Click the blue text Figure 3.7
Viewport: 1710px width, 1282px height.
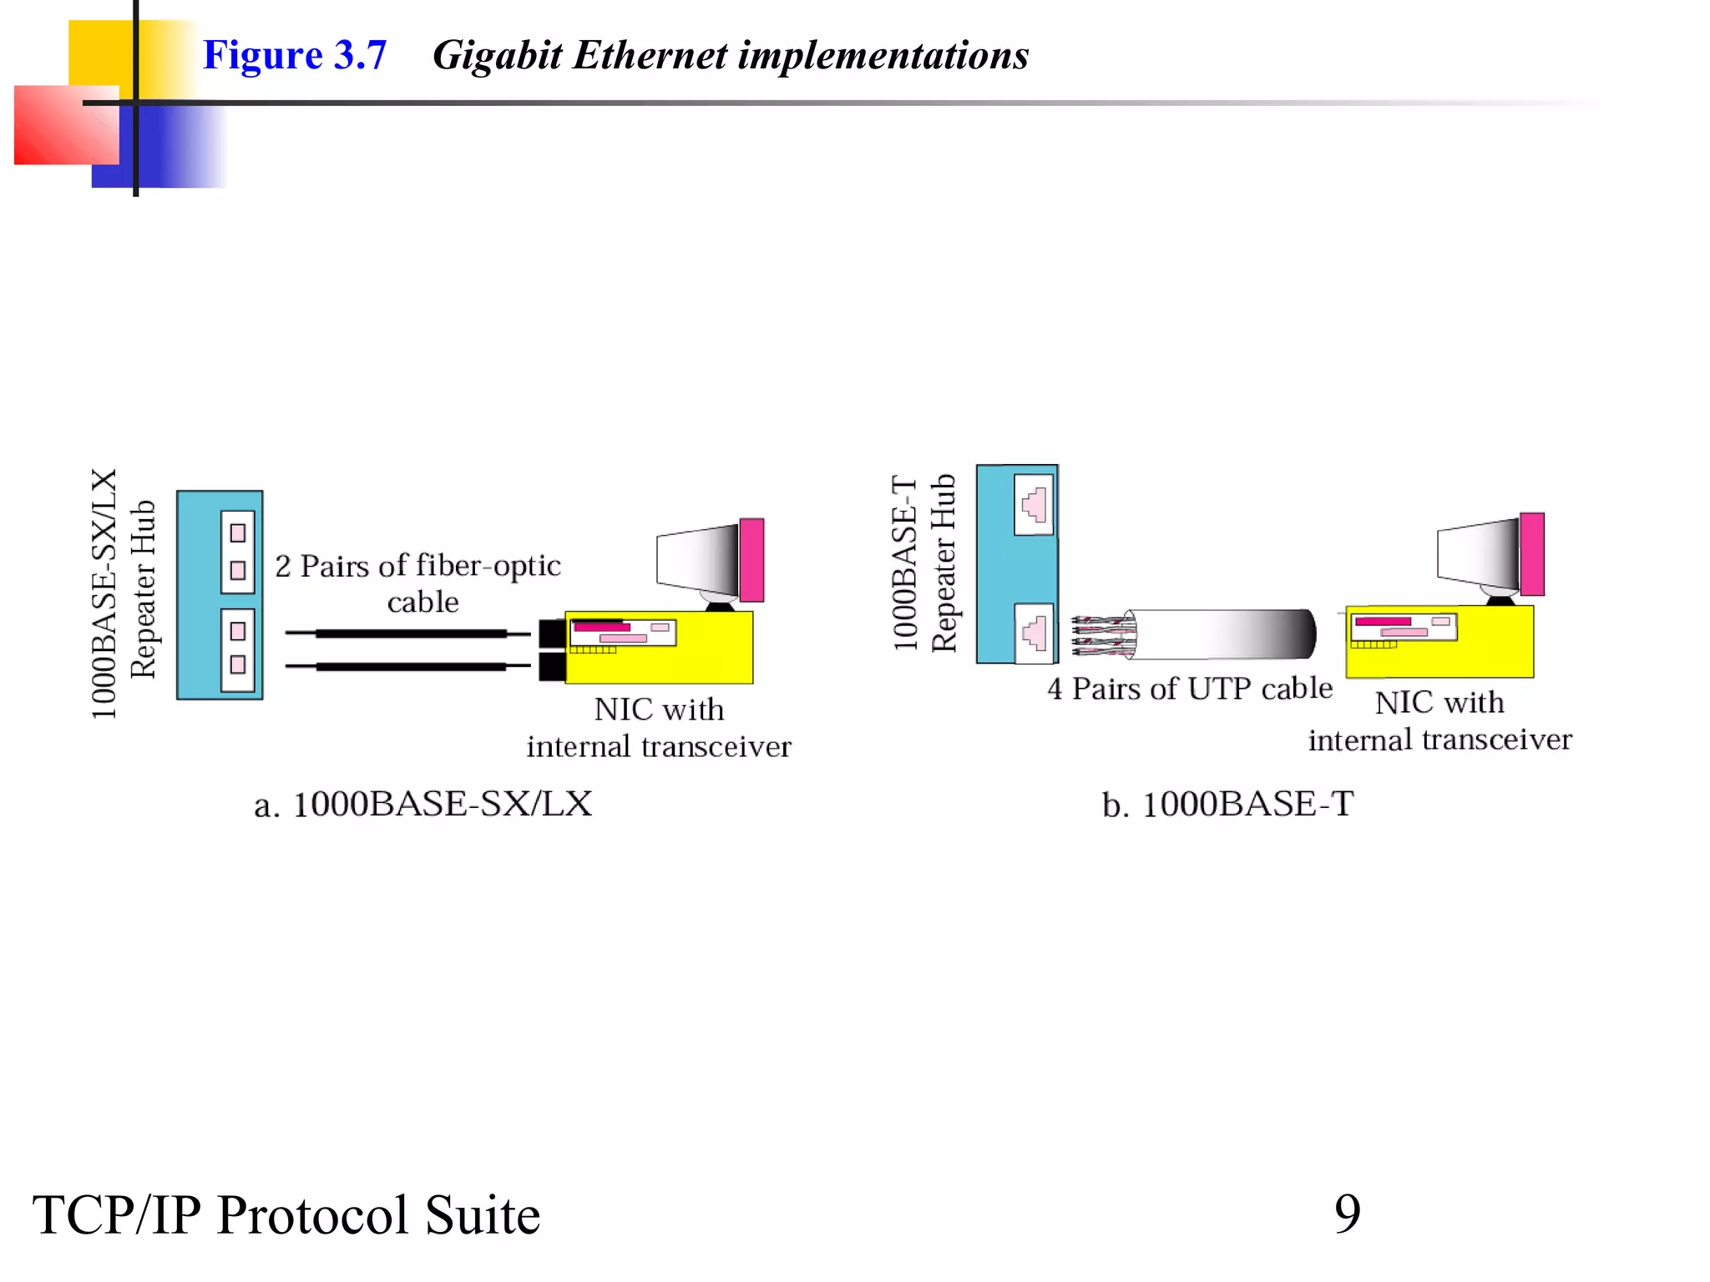pyautogui.click(x=294, y=56)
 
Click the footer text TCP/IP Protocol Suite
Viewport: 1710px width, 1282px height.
pyautogui.click(x=286, y=1214)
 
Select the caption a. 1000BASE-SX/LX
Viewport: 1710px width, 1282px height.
pyautogui.click(x=422, y=805)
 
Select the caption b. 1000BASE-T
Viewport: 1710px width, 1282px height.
pyautogui.click(x=1227, y=805)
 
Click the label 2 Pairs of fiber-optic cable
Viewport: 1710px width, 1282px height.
pyautogui.click(x=419, y=583)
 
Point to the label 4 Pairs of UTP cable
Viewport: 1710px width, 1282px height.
pyautogui.click(x=1189, y=689)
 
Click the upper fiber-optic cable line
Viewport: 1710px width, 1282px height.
pyautogui.click(x=409, y=633)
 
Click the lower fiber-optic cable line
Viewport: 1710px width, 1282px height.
pyautogui.click(x=409, y=666)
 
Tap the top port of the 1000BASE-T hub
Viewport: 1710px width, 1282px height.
pyautogui.click(x=1034, y=505)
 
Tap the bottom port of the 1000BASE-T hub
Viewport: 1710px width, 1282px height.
pyautogui.click(x=1034, y=633)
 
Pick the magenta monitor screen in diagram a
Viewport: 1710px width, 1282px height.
pyautogui.click(x=751, y=559)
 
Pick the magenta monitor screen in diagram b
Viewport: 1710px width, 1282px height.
pyautogui.click(x=1531, y=554)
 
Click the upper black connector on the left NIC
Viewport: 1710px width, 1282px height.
pyautogui.click(x=552, y=633)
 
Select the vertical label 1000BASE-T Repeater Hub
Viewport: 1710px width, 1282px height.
pyautogui.click(x=923, y=563)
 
